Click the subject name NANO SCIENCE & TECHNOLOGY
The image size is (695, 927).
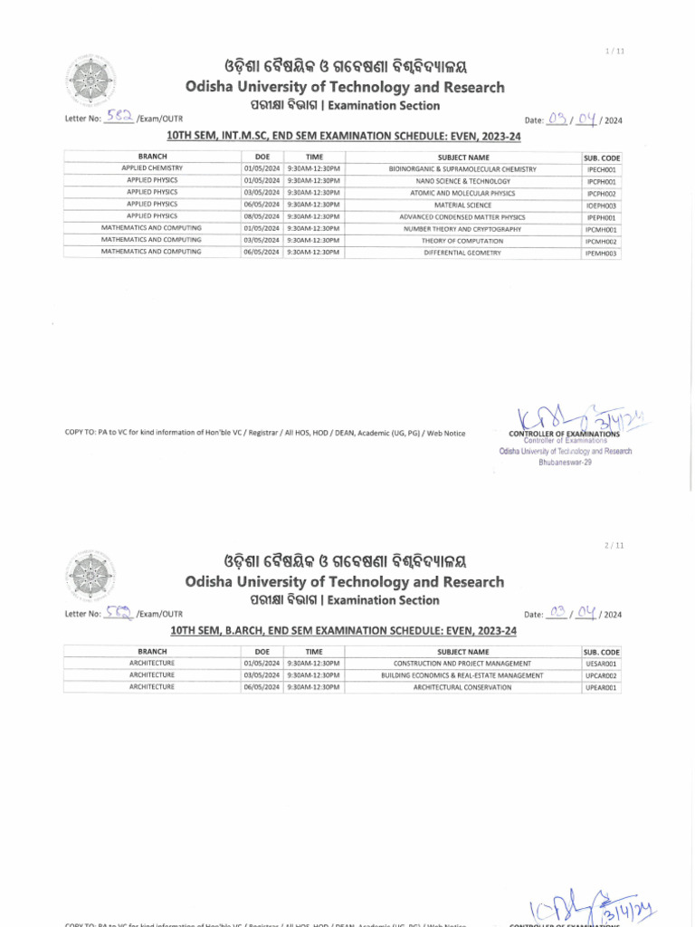click(462, 181)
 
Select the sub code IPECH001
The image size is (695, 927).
click(602, 169)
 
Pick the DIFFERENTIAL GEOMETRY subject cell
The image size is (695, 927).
click(462, 253)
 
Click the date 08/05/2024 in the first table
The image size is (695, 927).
click(262, 217)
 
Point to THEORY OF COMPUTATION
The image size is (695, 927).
click(462, 242)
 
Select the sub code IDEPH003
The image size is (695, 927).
click(602, 205)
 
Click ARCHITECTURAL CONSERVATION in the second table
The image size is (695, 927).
click(462, 687)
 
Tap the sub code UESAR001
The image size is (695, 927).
click(602, 664)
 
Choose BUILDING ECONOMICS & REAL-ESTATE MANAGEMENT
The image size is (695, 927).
click(462, 675)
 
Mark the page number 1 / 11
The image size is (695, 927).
click(615, 51)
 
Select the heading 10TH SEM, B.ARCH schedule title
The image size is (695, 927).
click(343, 630)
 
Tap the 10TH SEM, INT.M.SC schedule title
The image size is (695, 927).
click(343, 136)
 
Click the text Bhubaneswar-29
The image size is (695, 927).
click(565, 462)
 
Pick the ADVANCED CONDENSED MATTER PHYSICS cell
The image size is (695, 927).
click(462, 217)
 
